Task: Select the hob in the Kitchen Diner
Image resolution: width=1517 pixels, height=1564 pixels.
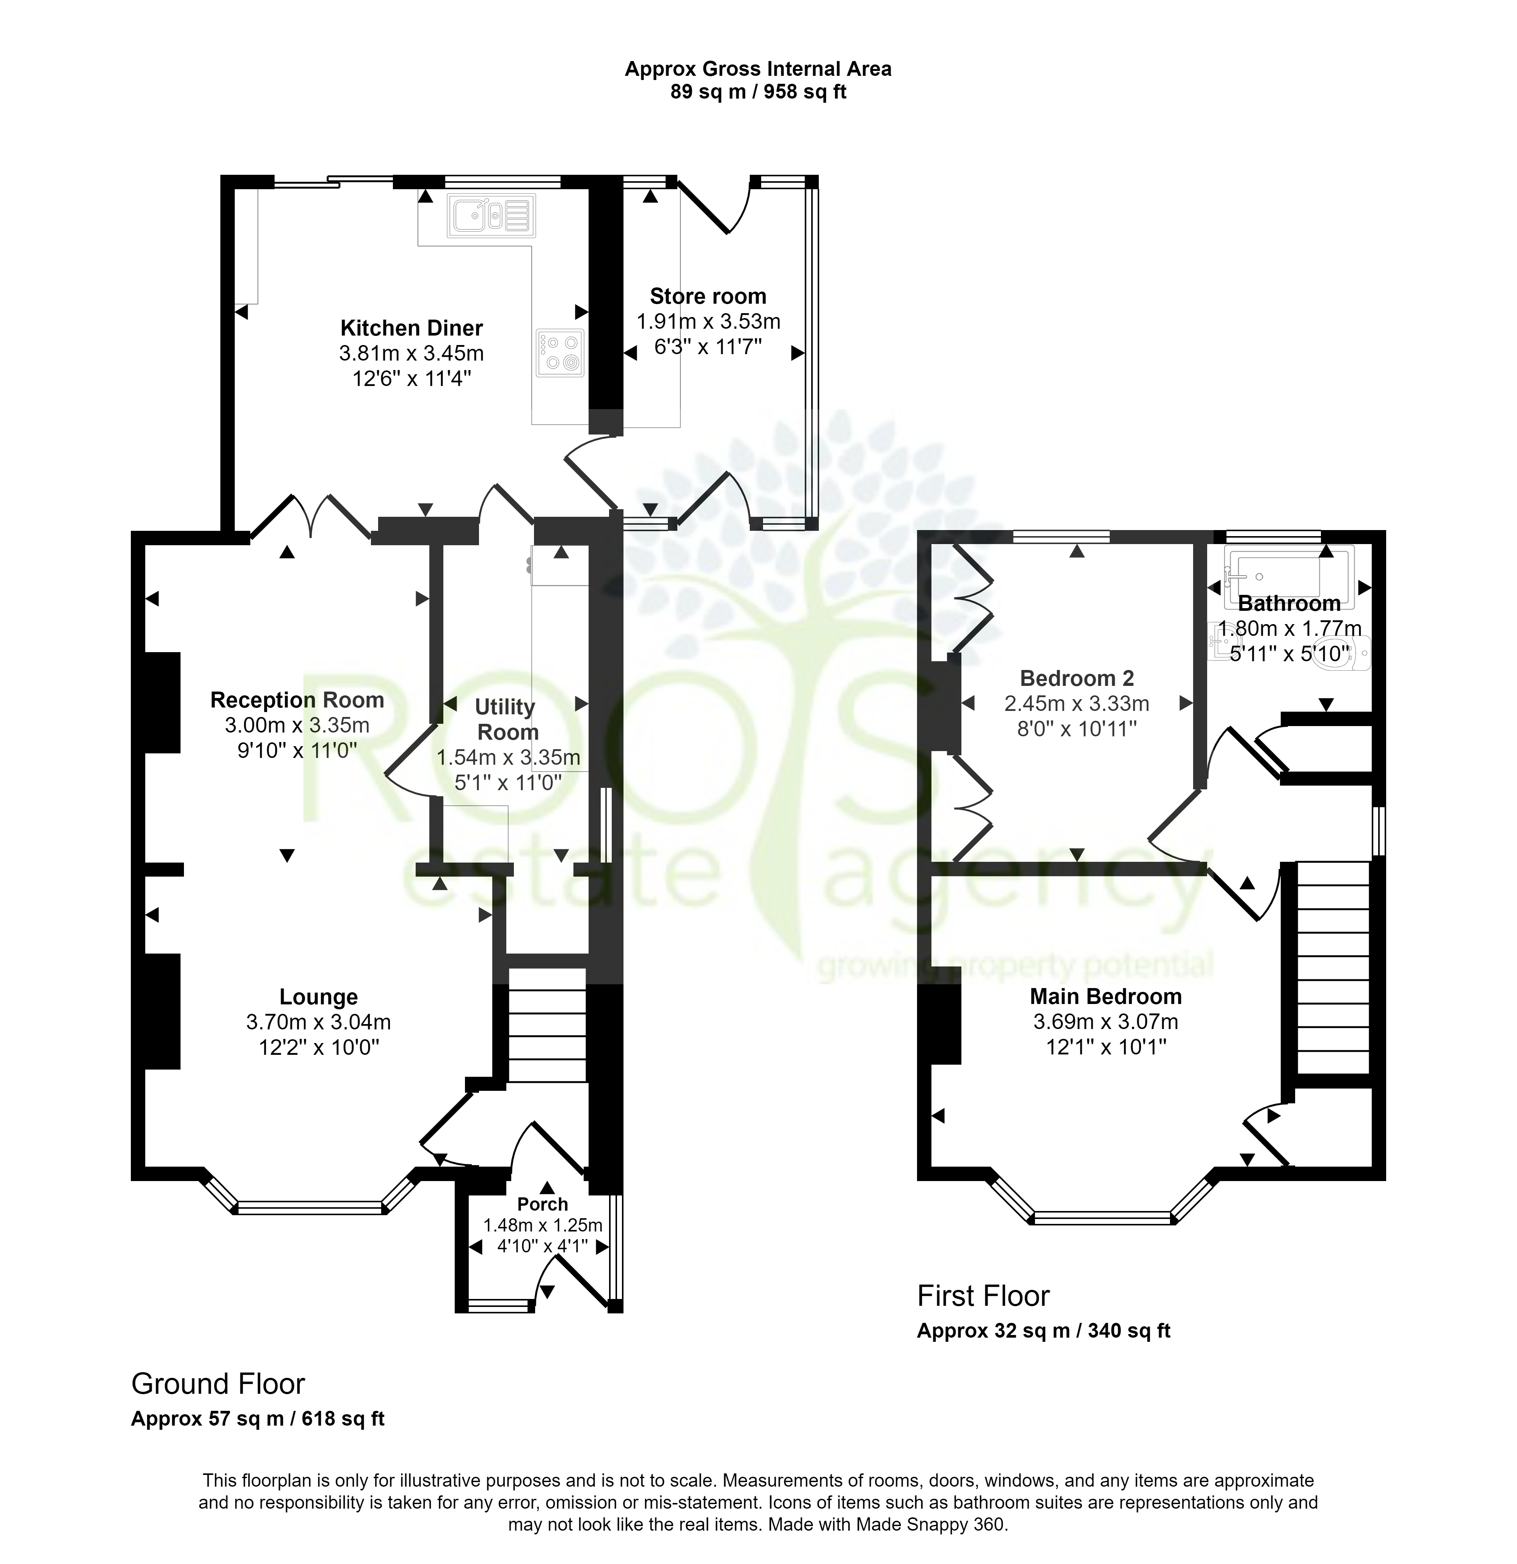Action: click(x=560, y=353)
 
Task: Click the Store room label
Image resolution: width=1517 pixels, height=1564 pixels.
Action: click(x=708, y=296)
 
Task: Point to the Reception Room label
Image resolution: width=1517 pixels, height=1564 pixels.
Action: click(x=297, y=700)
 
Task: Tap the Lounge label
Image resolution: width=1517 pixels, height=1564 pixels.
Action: click(x=319, y=997)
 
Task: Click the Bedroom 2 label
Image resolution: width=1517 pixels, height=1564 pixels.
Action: click(x=1077, y=678)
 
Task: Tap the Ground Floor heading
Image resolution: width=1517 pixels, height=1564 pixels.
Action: click(x=218, y=1384)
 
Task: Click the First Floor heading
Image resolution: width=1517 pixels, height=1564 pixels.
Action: click(x=983, y=1296)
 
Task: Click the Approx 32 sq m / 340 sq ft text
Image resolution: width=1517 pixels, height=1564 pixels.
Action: click(x=1043, y=1331)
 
